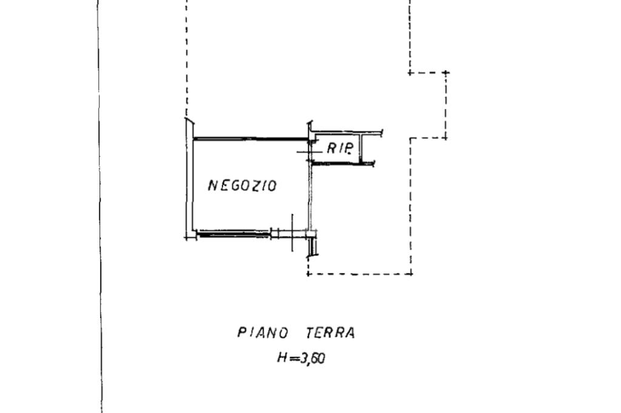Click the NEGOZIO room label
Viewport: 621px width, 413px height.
[242, 185]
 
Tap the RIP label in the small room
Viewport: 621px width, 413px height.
[339, 148]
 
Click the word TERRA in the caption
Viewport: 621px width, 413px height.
[331, 332]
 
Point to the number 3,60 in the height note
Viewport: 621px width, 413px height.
[312, 358]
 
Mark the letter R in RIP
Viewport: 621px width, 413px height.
[331, 148]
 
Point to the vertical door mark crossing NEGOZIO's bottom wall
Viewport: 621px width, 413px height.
[292, 232]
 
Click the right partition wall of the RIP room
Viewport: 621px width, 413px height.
[360, 149]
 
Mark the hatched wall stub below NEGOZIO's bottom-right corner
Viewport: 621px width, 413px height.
[313, 246]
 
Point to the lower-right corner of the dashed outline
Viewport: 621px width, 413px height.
[411, 274]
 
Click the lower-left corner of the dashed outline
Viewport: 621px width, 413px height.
[309, 274]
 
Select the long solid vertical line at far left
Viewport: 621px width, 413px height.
[99, 206]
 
